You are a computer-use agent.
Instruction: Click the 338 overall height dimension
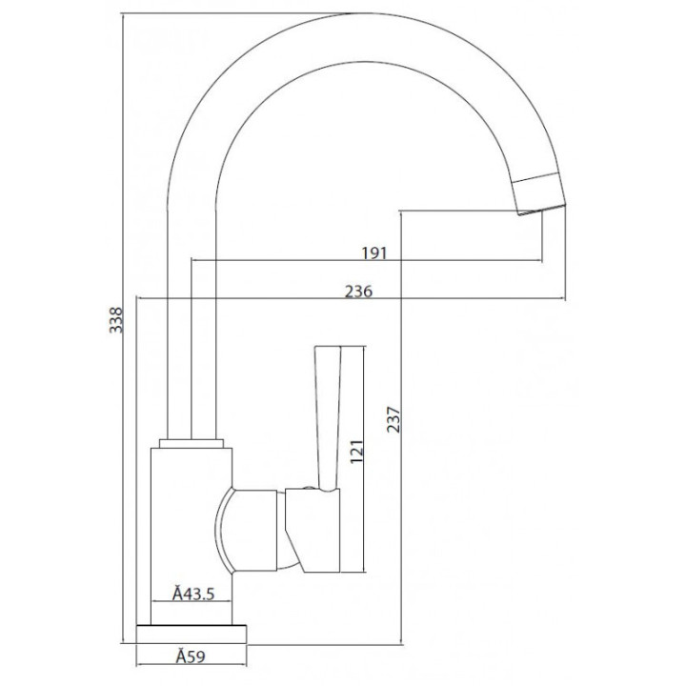click(116, 320)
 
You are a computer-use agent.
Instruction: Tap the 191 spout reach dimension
click(374, 252)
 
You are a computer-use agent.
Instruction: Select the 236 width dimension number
click(359, 291)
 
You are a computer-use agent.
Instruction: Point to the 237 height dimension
click(393, 419)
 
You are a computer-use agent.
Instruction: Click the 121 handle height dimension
click(356, 452)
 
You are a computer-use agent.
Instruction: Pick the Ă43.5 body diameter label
click(193, 594)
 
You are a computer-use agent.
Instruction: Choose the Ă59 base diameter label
click(191, 656)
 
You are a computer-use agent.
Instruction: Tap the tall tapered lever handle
click(328, 418)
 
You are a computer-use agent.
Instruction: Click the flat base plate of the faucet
click(192, 634)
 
